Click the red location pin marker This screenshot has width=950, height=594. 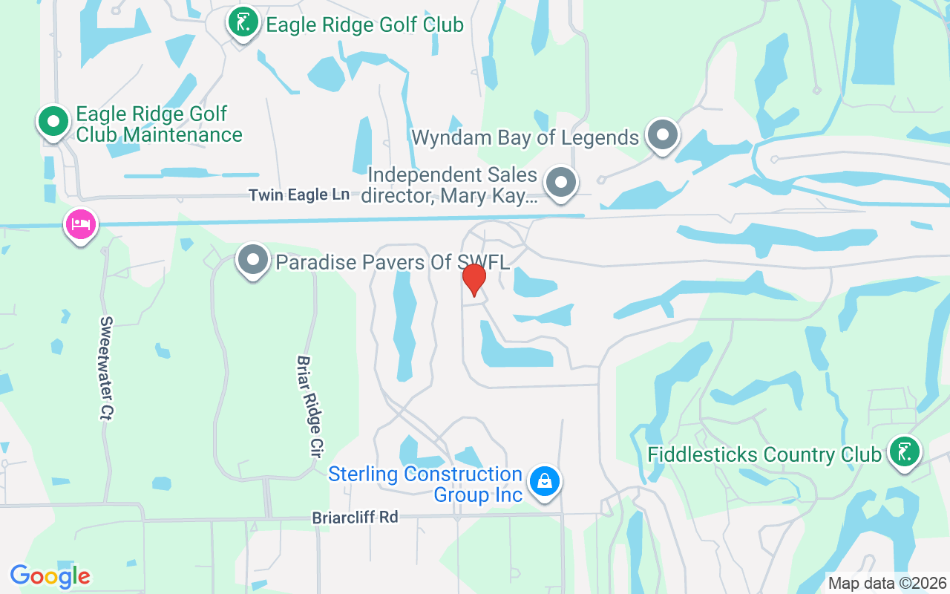[474, 279]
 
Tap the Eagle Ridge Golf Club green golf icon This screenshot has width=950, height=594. [243, 23]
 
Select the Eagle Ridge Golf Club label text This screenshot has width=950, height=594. [364, 25]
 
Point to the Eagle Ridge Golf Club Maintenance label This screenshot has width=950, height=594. [159, 125]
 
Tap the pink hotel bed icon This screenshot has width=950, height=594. [81, 223]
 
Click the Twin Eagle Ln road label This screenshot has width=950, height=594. [298, 195]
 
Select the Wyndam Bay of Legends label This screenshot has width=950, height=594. [525, 137]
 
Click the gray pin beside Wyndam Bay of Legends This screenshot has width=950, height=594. [662, 135]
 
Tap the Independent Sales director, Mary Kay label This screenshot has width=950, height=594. [452, 186]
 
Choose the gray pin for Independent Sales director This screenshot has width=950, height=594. [561, 182]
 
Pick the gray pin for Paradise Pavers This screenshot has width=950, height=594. [253, 261]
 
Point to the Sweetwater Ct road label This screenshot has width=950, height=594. [106, 368]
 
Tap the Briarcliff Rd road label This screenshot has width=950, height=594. [355, 518]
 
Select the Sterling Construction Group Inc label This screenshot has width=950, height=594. [425, 484]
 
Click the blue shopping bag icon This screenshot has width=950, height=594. [545, 481]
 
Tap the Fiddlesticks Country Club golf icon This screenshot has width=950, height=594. [905, 451]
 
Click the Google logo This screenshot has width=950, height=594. [50, 576]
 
